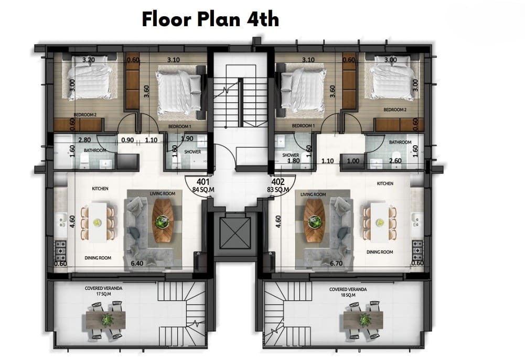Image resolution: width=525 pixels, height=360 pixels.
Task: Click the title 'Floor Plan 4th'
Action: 210,19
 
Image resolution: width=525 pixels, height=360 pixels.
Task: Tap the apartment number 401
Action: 203,182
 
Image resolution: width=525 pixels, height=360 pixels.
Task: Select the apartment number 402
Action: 278,182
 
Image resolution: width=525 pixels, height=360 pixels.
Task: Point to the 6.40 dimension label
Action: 137,263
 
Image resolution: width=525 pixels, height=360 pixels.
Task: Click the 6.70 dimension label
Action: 336,263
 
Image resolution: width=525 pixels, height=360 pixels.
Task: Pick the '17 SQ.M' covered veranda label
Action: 103,294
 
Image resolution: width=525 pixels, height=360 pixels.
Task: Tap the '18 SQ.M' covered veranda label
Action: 348,295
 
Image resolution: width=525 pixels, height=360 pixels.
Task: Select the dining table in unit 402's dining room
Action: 379,222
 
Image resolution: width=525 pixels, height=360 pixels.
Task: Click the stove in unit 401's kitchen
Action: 60,250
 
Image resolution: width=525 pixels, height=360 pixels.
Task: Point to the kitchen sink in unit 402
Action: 417,220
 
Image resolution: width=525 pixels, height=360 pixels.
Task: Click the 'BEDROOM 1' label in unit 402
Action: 303,126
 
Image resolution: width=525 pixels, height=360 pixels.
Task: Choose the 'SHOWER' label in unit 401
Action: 192,152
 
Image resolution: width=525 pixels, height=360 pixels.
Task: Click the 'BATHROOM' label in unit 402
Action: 400,142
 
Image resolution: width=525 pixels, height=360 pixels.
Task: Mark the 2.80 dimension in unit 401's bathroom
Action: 84,140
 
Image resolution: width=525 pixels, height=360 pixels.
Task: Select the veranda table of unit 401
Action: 106,320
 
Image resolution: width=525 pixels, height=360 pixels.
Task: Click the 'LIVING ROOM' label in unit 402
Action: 313,194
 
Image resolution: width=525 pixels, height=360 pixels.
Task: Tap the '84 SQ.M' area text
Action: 203,190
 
